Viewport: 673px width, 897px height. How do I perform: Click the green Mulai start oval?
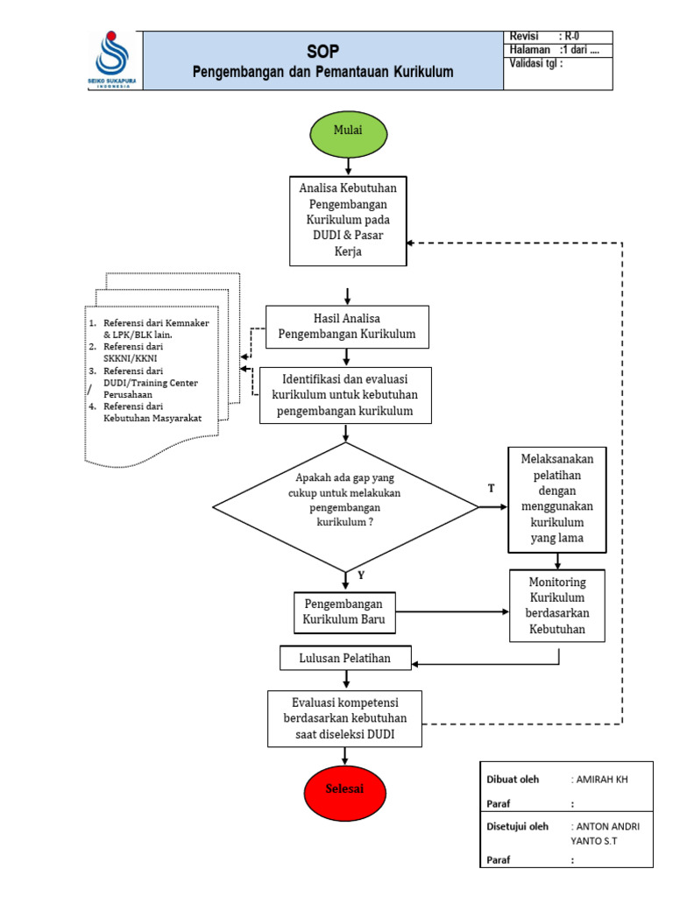click(x=349, y=134)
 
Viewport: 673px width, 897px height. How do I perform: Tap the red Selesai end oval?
click(x=344, y=793)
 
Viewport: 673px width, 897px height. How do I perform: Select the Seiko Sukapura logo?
click(x=112, y=60)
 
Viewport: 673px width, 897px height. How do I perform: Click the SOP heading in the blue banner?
click(x=322, y=52)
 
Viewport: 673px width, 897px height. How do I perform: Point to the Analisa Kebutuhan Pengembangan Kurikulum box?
click(x=348, y=221)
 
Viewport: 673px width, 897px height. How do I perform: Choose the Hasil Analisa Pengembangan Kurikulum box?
click(x=347, y=327)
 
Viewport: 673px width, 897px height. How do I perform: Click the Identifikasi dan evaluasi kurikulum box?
click(x=345, y=395)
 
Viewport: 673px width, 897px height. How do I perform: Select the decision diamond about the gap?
click(x=345, y=507)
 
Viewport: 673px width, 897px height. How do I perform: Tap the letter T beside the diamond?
click(x=491, y=488)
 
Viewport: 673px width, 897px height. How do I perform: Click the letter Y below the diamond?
click(x=361, y=575)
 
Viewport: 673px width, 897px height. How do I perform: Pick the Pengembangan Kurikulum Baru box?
click(x=344, y=612)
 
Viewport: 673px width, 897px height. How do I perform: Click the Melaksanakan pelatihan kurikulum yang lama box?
click(x=556, y=499)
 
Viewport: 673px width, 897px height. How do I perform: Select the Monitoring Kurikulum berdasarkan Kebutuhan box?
click(x=556, y=605)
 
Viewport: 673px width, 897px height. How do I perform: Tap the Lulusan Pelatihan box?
click(x=345, y=658)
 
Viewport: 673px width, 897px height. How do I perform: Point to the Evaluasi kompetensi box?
click(x=344, y=718)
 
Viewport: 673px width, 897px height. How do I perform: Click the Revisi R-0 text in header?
click(x=544, y=37)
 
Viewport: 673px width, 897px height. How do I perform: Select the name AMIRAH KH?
click(x=601, y=779)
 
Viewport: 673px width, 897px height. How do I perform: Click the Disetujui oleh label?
click(x=517, y=827)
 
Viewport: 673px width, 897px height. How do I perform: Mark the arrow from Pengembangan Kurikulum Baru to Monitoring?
click(x=452, y=611)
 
